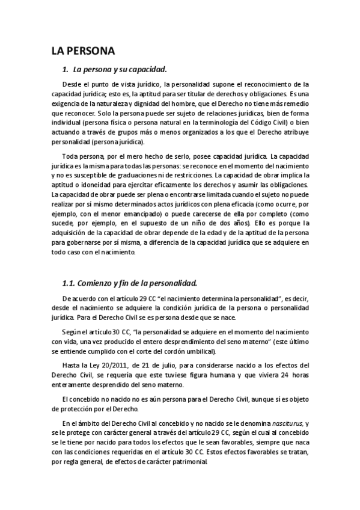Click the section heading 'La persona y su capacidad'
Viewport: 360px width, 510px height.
pos(119,69)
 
